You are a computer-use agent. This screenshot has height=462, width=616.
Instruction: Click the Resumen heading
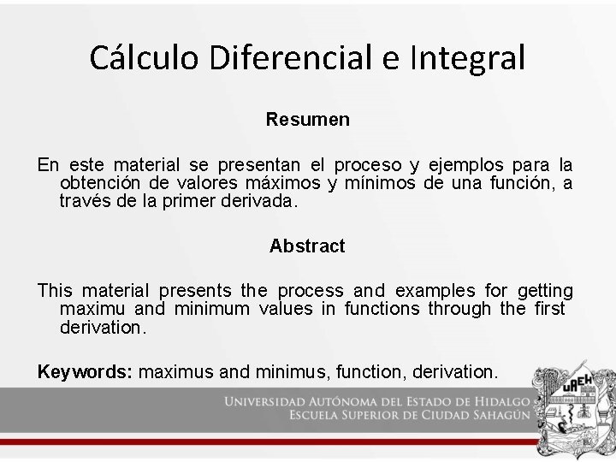(x=307, y=120)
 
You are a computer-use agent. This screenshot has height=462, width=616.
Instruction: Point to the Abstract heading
(x=307, y=246)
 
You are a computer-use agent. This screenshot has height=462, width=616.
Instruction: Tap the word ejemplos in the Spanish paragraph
(x=463, y=164)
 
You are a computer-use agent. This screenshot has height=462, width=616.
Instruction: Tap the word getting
(x=545, y=291)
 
